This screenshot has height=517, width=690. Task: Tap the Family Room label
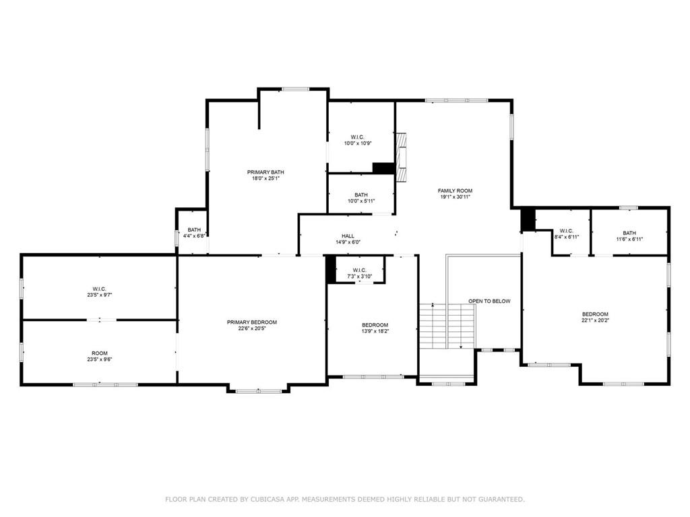click(456, 191)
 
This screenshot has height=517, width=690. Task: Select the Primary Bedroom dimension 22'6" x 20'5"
click(252, 329)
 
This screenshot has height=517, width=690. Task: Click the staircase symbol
click(448, 325)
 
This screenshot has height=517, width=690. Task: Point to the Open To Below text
click(489, 301)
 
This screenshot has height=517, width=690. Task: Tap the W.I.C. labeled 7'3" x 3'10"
click(359, 273)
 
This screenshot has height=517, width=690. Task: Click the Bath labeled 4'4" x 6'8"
click(194, 233)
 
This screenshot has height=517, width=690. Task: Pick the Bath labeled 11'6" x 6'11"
click(629, 236)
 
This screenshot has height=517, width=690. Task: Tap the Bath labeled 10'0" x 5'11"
click(361, 197)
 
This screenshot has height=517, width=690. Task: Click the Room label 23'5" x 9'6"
click(99, 356)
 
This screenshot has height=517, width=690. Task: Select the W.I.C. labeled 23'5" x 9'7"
click(99, 292)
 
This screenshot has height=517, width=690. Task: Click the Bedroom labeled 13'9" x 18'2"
click(375, 328)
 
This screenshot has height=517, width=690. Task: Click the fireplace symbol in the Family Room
click(402, 157)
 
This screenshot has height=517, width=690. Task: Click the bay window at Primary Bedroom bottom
click(259, 390)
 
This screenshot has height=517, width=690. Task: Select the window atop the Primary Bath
click(294, 89)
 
